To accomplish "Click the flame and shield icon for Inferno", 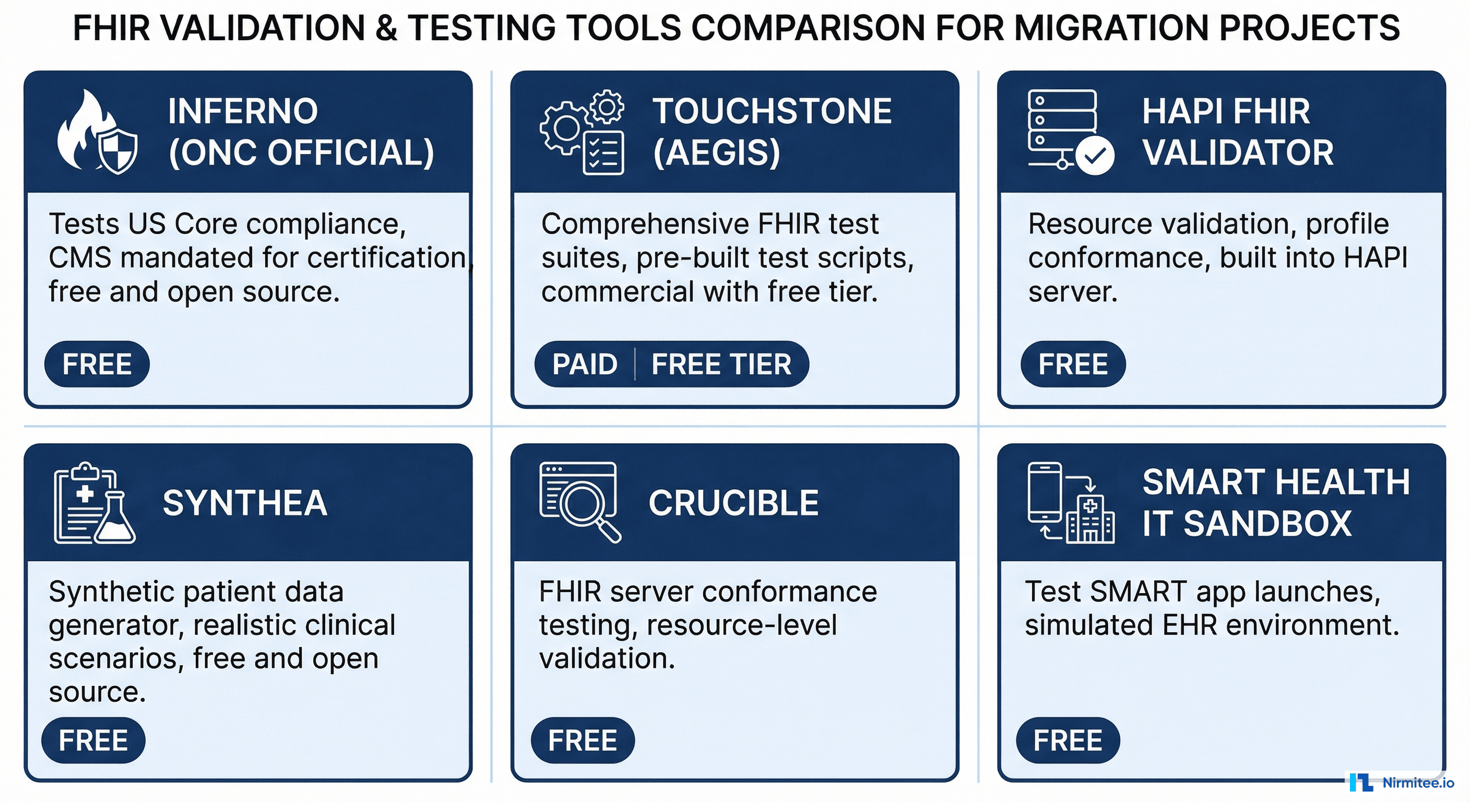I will coord(98,133).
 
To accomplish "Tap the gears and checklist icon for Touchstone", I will coord(582,133).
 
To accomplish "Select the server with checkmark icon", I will coord(1070,133).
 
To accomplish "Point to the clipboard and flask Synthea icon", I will coord(94,503).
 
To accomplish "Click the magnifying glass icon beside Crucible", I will coord(580,502).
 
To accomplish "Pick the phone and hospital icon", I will coord(1071,502).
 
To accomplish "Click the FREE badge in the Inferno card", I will coord(97,364).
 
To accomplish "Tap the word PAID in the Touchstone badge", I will coord(585,364).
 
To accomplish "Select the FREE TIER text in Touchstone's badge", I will coord(721,364).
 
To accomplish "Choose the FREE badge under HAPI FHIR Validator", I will coord(1073,364).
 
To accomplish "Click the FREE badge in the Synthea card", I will coord(93,740).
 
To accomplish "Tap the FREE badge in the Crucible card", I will coord(583,740).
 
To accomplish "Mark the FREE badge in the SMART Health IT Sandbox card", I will coord(1068,740).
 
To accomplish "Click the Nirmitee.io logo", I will coord(1402,783).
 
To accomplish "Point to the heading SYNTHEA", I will coord(245,503).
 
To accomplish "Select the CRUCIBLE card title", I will coord(733,503).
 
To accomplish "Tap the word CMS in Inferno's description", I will coord(79,258).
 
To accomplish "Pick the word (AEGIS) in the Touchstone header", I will coord(716,152).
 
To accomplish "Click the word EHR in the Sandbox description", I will coord(1190,625).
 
